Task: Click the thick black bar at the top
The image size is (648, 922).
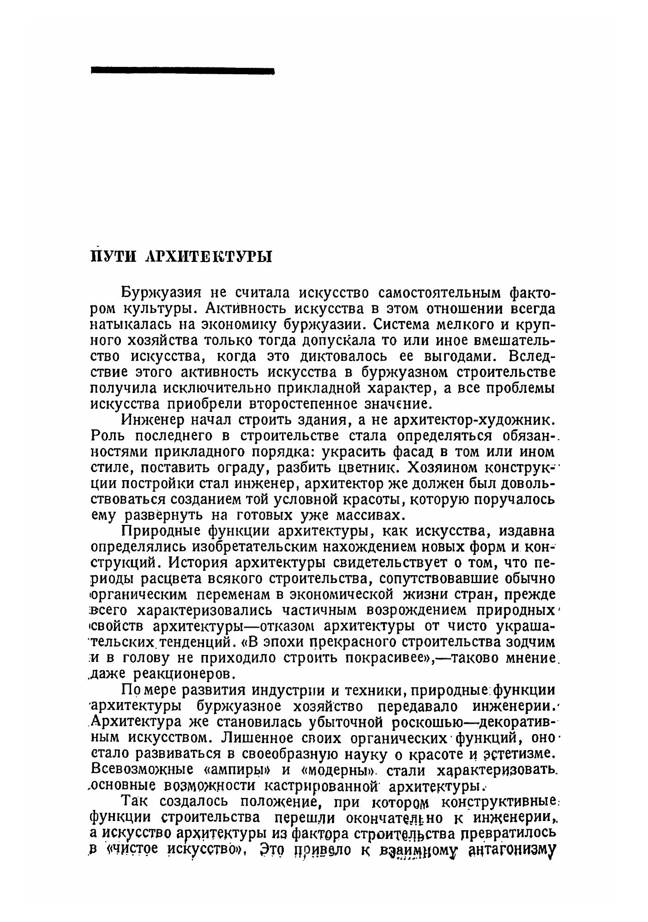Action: click(x=183, y=71)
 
